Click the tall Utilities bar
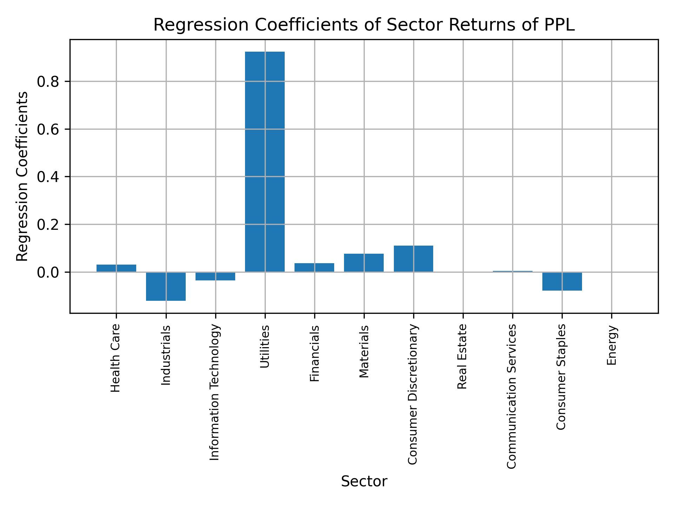coord(265,162)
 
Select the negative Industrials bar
coord(166,286)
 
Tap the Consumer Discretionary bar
coord(414,259)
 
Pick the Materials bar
coord(364,263)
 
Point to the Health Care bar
coord(116,268)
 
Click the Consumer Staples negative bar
coord(562,281)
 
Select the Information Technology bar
coord(215,276)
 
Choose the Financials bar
coord(314,267)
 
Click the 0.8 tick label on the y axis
coord(48,82)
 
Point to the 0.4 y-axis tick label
coord(48,177)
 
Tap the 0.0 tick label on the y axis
coord(48,272)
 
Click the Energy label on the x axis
coord(612,345)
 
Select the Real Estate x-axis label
coord(463,356)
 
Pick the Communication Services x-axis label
coord(512,396)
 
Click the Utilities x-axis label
coord(265,346)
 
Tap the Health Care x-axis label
coord(116,358)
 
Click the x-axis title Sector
coord(364,481)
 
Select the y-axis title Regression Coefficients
coord(22,176)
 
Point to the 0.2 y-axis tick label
coord(48,225)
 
